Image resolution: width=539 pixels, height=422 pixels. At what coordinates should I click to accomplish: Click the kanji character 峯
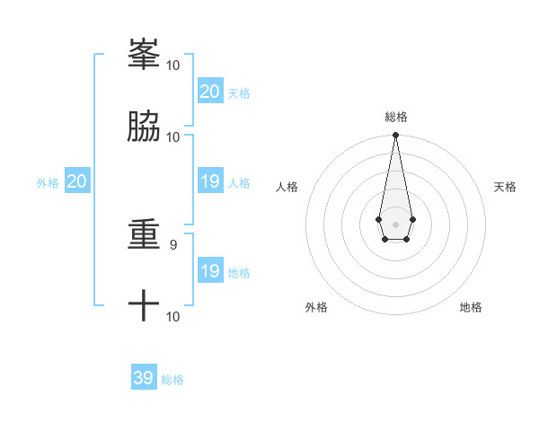(x=144, y=56)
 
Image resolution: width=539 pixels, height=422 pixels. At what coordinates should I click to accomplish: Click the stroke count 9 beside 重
(x=174, y=243)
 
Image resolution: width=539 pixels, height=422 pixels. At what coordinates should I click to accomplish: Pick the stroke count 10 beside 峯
(x=173, y=66)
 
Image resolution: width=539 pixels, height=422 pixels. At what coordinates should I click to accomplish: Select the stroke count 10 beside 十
(x=173, y=316)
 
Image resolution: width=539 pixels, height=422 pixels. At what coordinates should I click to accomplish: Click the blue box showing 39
(x=144, y=378)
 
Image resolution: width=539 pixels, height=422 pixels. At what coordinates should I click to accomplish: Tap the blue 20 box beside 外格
(x=77, y=181)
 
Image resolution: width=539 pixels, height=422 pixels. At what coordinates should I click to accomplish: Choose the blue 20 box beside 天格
(x=210, y=92)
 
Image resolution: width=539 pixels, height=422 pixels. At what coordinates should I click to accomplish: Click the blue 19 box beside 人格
(x=210, y=181)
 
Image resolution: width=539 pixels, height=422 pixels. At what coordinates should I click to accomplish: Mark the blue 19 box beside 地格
(x=210, y=271)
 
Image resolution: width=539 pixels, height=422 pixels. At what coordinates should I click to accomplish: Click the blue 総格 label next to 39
(x=172, y=380)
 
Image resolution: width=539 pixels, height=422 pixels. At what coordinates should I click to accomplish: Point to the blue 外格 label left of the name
(x=48, y=183)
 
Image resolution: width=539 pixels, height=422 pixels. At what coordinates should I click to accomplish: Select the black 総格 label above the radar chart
(x=395, y=117)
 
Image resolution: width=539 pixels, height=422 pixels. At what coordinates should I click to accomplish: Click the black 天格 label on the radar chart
(x=505, y=187)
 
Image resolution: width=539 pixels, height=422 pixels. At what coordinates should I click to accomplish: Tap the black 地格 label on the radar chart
(x=471, y=307)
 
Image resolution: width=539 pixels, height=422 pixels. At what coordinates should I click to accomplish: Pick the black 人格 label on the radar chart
(x=287, y=187)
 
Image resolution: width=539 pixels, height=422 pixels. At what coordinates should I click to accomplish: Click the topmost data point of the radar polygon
(x=395, y=136)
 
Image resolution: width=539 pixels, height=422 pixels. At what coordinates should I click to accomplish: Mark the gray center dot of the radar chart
(x=395, y=224)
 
